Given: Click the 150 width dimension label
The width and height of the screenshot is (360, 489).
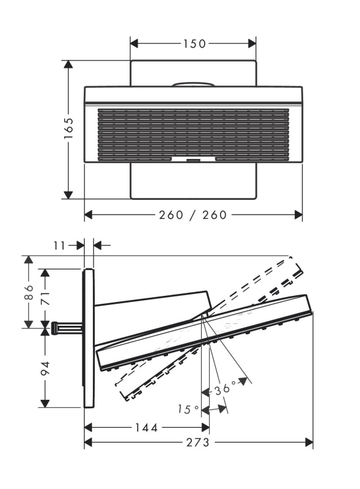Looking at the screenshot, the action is pos(194,43).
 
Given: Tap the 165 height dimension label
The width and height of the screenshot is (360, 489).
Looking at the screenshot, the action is pos(68,128).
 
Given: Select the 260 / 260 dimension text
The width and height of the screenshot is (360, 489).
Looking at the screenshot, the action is pos(193,215).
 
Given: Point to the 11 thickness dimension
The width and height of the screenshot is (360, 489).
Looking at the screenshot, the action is pos(59,246).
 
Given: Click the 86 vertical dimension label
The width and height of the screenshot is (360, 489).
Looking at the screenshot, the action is pos(29,292).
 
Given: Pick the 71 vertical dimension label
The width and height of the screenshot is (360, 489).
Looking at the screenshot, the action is pos(46,298).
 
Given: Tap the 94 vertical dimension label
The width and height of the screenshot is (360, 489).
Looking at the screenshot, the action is pos(46,369).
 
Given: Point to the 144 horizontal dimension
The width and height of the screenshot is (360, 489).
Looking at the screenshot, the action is pos(147,427).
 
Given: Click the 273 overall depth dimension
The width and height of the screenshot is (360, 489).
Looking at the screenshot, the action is pos(198,442).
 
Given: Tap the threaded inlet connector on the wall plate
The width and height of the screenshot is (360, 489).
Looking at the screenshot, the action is pos(67,328).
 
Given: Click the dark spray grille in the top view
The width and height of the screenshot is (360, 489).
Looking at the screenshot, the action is pos(193,134).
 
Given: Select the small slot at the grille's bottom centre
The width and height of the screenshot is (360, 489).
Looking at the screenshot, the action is pos(193,161).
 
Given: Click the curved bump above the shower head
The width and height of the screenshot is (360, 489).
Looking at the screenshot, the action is pos(193,84).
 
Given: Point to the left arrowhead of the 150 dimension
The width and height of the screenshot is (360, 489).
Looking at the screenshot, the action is pos(134,43).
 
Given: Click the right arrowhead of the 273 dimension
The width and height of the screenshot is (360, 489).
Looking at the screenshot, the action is pos(309,442).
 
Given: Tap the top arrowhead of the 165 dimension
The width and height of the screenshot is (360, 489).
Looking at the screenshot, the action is pos(68,64).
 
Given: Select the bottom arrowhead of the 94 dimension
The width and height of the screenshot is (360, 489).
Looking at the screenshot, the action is pos(46,403).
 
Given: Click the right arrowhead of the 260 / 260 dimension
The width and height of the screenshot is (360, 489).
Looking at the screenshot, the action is pos(298,215).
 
